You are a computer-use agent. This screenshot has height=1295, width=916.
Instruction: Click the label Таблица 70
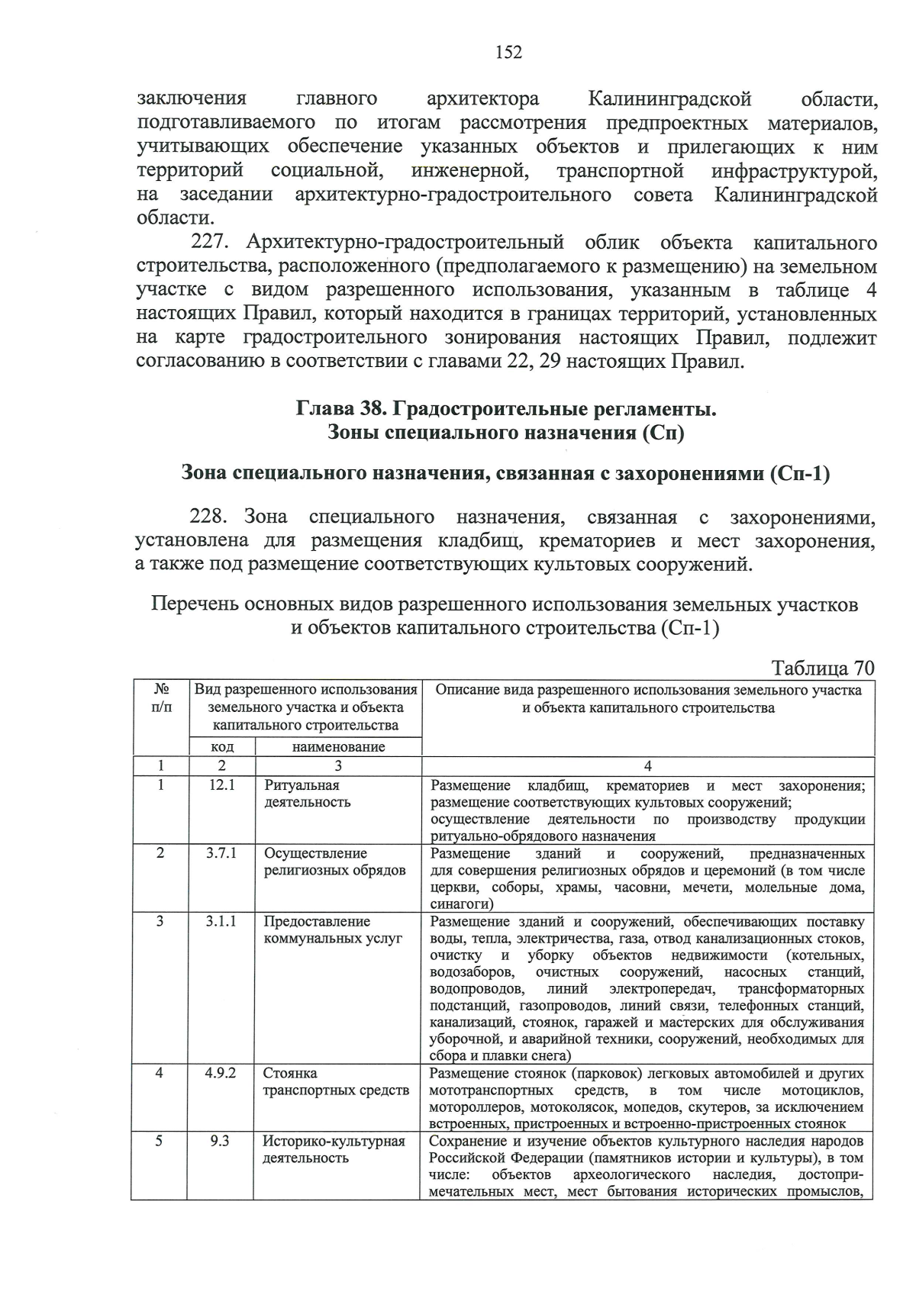coord(822,668)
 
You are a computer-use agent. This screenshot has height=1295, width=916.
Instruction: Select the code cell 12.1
coord(221,784)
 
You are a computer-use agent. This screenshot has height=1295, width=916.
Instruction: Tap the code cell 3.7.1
coord(221,853)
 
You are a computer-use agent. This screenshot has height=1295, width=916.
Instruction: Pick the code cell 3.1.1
coord(221,921)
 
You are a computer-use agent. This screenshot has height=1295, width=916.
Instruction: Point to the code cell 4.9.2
coord(221,1072)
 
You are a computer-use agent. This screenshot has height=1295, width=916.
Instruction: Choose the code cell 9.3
coord(221,1141)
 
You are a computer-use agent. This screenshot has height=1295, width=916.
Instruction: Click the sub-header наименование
coord(338,747)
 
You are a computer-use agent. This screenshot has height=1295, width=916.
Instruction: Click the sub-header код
coord(222,747)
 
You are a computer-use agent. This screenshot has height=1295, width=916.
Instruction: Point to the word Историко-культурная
coord(334,1141)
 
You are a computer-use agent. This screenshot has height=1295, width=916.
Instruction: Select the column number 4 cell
coord(647,766)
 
